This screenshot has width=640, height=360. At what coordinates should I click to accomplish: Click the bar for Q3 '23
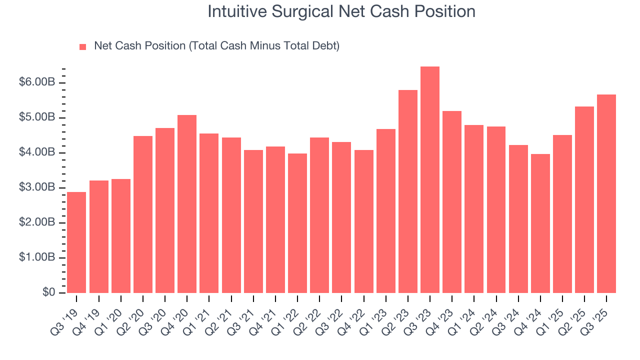pyautogui.click(x=430, y=180)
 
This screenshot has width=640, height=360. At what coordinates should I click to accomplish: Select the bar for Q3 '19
pyautogui.click(x=76, y=242)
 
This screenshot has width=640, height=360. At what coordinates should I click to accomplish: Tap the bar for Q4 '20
pyautogui.click(x=187, y=204)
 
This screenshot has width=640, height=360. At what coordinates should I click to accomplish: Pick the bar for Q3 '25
pyautogui.click(x=606, y=194)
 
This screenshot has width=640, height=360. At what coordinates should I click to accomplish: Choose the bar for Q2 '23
pyautogui.click(x=408, y=191)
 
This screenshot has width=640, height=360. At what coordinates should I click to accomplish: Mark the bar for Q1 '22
pyautogui.click(x=297, y=223)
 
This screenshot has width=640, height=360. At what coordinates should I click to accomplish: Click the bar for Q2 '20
pyautogui.click(x=143, y=214)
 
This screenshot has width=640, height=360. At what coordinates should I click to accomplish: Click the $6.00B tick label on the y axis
pyautogui.click(x=36, y=82)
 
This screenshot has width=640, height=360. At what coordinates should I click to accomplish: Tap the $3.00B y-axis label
pyautogui.click(x=36, y=187)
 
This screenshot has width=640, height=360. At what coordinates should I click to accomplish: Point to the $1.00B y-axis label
pyautogui.click(x=36, y=257)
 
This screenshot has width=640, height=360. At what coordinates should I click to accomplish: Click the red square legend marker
pyautogui.click(x=83, y=47)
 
